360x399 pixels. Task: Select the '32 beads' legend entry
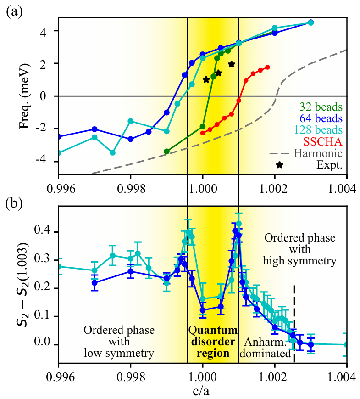click(x=321, y=107)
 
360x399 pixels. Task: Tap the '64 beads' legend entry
click(x=321, y=118)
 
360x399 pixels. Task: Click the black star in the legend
click(x=279, y=164)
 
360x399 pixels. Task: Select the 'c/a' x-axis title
click(x=202, y=391)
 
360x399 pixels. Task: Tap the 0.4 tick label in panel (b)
click(x=48, y=232)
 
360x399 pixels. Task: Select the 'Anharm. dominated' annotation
click(x=267, y=348)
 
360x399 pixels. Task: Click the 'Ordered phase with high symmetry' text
click(x=300, y=250)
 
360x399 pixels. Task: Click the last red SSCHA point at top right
click(x=267, y=67)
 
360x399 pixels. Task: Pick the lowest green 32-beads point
click(x=166, y=151)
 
